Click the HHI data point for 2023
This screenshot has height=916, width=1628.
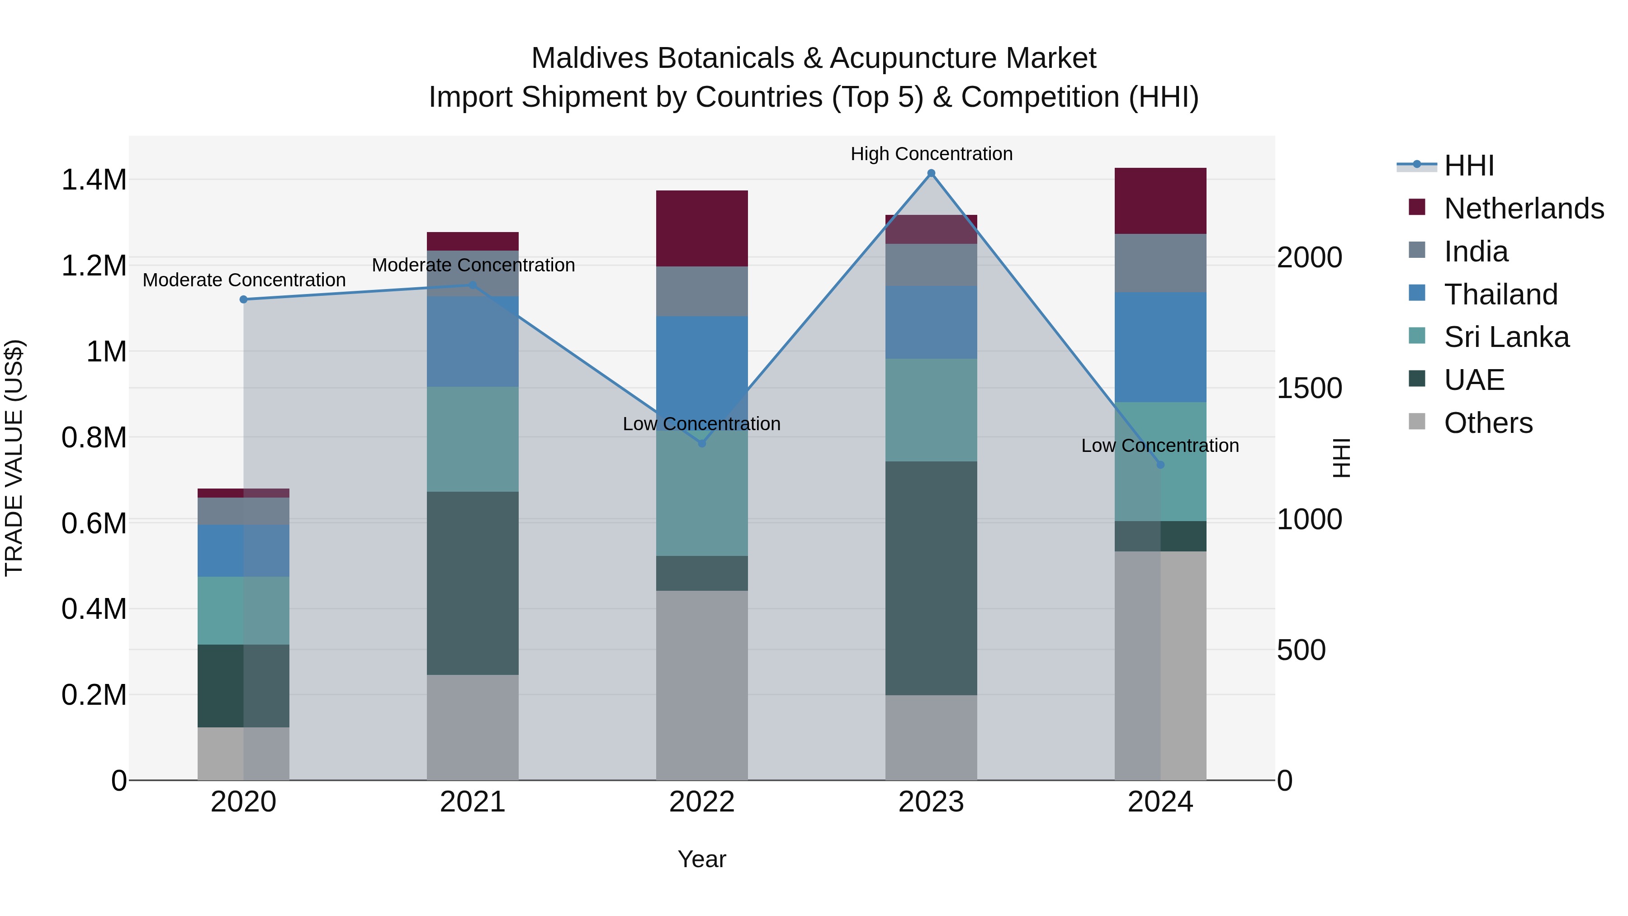tap(931, 173)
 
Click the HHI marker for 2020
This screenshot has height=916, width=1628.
tap(243, 299)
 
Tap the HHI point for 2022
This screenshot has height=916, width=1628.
tap(701, 444)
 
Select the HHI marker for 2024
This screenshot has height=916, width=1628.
tap(1160, 465)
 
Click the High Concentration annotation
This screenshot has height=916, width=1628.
tap(931, 154)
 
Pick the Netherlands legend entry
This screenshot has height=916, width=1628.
tap(1524, 209)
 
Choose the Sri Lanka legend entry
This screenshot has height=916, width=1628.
tap(1506, 337)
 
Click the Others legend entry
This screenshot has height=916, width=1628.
tap(1488, 423)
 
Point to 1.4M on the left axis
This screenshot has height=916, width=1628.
tap(94, 180)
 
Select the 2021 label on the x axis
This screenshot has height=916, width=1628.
tap(473, 802)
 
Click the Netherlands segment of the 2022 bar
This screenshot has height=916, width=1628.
tap(701, 228)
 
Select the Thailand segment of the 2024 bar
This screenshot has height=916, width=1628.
tap(1160, 347)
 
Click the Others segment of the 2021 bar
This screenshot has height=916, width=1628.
tap(473, 727)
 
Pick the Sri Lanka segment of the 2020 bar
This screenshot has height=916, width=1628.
tap(243, 610)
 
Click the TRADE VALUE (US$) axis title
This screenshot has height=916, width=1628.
tap(14, 458)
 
